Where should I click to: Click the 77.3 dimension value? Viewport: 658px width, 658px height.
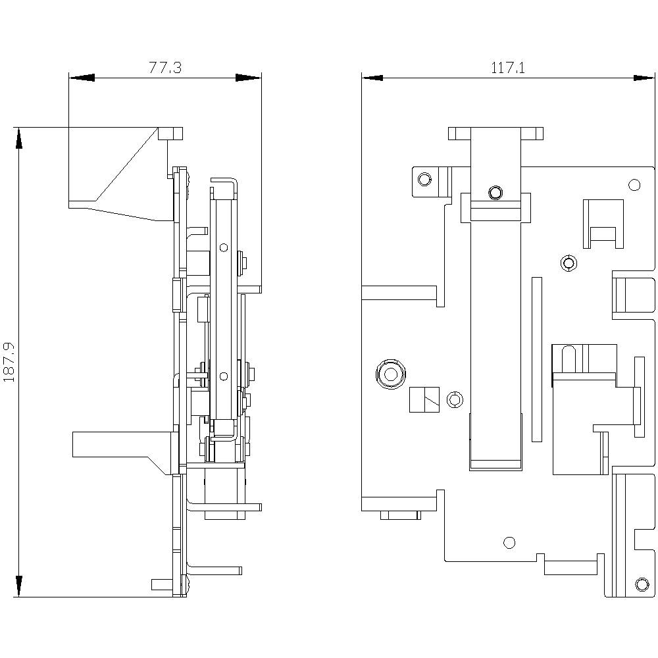point(165,68)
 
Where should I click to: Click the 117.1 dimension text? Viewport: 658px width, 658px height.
point(507,68)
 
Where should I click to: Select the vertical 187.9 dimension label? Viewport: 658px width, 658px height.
point(10,362)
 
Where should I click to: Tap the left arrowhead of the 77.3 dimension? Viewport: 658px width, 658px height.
point(82,78)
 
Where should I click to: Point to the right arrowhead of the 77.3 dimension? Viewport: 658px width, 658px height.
point(249,78)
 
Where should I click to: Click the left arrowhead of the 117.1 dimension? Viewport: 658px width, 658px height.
point(372,78)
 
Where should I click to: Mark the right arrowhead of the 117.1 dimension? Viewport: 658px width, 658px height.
point(644,78)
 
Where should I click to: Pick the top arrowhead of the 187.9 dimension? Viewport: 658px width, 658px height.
point(19,139)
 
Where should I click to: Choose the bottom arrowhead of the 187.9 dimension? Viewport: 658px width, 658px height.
point(19,585)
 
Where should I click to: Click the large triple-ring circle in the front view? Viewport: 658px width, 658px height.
point(390,374)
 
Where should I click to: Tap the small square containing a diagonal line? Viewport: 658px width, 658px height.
point(424,399)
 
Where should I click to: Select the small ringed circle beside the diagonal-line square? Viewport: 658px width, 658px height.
point(453,399)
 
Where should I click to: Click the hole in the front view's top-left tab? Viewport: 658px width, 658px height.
point(424,179)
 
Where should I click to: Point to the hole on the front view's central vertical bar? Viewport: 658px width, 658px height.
point(495,193)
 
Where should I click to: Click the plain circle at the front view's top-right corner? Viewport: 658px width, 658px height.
point(634,185)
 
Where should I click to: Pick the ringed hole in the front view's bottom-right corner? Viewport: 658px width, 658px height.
point(642,584)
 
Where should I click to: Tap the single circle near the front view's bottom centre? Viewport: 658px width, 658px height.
point(509,542)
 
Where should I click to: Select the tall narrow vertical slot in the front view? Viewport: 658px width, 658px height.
point(536,359)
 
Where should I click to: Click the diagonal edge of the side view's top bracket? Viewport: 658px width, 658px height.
point(128,164)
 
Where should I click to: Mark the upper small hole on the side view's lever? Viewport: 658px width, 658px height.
point(224,248)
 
